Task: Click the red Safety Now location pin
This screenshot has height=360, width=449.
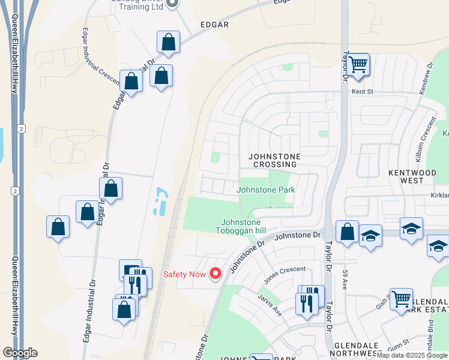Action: tap(215, 274)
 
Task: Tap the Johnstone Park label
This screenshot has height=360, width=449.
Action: tap(266, 190)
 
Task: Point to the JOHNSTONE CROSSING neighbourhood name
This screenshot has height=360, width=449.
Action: tap(274, 160)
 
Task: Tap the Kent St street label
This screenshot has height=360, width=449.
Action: tap(362, 92)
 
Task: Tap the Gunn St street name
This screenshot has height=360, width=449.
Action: tap(400, 341)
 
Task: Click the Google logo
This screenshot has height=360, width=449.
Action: tap(20, 353)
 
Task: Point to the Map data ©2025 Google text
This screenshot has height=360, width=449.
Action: tap(412, 355)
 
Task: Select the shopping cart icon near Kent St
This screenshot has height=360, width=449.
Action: tap(357, 65)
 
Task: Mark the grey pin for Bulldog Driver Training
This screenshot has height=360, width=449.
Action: tap(171, 4)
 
